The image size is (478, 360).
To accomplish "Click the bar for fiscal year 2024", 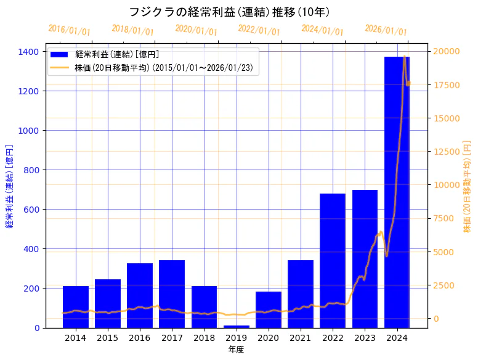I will pos(397,185).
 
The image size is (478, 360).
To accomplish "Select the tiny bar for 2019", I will pos(237,326).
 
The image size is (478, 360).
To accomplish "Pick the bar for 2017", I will pos(172,293).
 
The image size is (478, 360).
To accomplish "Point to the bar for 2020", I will pos(269,309).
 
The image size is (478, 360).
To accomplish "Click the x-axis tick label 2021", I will pos(301,338).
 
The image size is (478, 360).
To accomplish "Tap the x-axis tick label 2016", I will pos(140,338).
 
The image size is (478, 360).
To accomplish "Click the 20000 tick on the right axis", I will pos(446,51).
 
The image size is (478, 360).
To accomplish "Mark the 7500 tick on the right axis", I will pos(444,218).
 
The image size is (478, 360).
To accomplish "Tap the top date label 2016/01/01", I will pos(69,30).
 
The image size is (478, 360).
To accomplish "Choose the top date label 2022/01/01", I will pos(259,30).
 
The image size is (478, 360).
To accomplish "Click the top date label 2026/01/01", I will pos(386,30).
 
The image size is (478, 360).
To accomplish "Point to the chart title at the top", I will pos(229,12).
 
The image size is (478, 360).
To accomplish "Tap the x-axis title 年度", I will pos(236,350).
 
